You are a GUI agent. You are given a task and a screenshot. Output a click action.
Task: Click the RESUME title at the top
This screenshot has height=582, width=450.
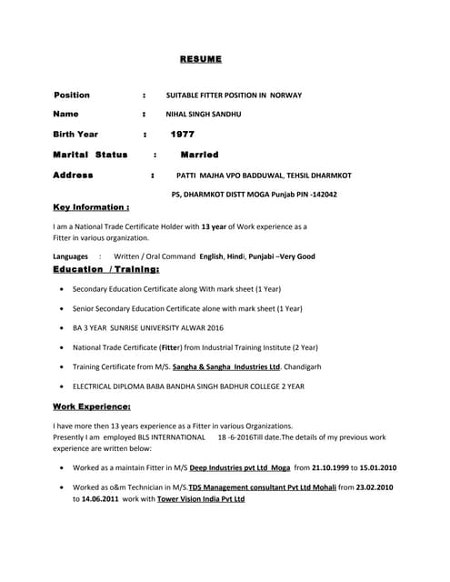click(200, 59)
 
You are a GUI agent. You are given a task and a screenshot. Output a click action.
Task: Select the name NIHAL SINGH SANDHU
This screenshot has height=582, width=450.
click(203, 115)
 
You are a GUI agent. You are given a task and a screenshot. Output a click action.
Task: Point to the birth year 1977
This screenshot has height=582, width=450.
click(183, 135)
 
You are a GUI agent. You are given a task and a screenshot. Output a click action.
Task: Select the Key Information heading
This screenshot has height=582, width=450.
click(91, 207)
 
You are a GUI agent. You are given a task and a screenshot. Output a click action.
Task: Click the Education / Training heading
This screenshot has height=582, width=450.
click(106, 270)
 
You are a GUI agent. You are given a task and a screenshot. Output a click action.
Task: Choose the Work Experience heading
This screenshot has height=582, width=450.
click(92, 406)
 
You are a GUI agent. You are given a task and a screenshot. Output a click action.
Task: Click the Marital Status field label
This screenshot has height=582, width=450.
click(90, 155)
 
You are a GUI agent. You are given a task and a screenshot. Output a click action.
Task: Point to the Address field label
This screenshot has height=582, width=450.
click(73, 175)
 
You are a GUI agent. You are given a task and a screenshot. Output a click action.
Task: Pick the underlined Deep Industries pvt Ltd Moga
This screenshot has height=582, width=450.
click(240, 467)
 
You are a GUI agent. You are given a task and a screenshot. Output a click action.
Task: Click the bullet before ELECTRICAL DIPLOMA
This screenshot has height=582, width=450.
click(61, 386)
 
